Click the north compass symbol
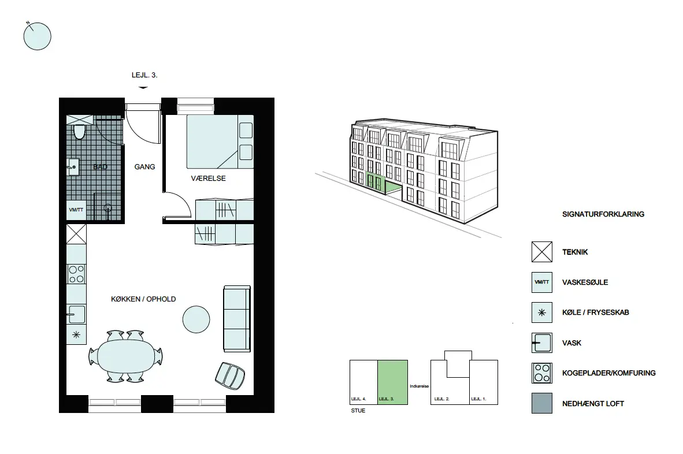37,36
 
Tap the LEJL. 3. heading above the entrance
144,75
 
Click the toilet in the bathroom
79,132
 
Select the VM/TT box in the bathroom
76,210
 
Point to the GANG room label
144,167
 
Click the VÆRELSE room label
208,178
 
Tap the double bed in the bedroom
220,142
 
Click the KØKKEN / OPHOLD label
143,299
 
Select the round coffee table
196,319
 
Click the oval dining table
126,356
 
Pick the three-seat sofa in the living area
237,319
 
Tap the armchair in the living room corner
230,375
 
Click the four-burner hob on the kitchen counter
76,274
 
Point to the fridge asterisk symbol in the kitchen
76,335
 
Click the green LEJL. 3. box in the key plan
392,382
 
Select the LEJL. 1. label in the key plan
478,399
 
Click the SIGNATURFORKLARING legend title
603,214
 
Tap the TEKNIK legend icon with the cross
542,252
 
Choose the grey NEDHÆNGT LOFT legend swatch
542,403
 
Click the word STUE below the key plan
358,411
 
